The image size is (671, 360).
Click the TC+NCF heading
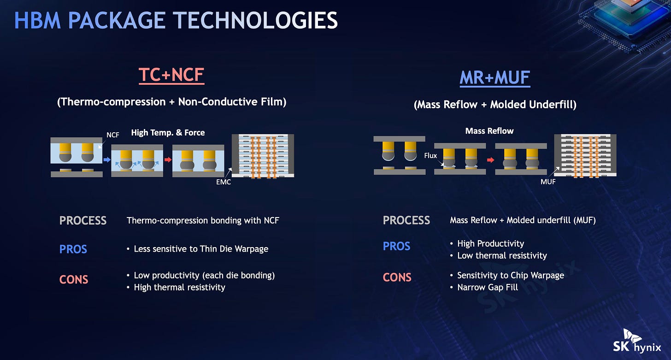171,75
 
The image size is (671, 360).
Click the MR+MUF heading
495,78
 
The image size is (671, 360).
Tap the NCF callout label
112,135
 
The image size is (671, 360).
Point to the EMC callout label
224,182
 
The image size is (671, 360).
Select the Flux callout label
430,156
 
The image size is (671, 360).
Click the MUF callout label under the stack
548,182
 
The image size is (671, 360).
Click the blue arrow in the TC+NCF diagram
107,160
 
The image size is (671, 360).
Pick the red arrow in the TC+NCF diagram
168,159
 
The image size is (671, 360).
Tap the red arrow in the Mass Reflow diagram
491,160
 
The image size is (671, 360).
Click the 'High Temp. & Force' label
168,133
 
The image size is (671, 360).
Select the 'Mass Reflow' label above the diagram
489,131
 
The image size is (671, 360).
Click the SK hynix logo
637,342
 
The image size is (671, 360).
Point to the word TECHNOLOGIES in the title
255,20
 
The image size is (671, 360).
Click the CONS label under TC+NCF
74,280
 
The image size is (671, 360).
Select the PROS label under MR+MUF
397,247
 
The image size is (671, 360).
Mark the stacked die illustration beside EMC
263,156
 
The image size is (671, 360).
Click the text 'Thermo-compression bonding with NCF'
203,221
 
